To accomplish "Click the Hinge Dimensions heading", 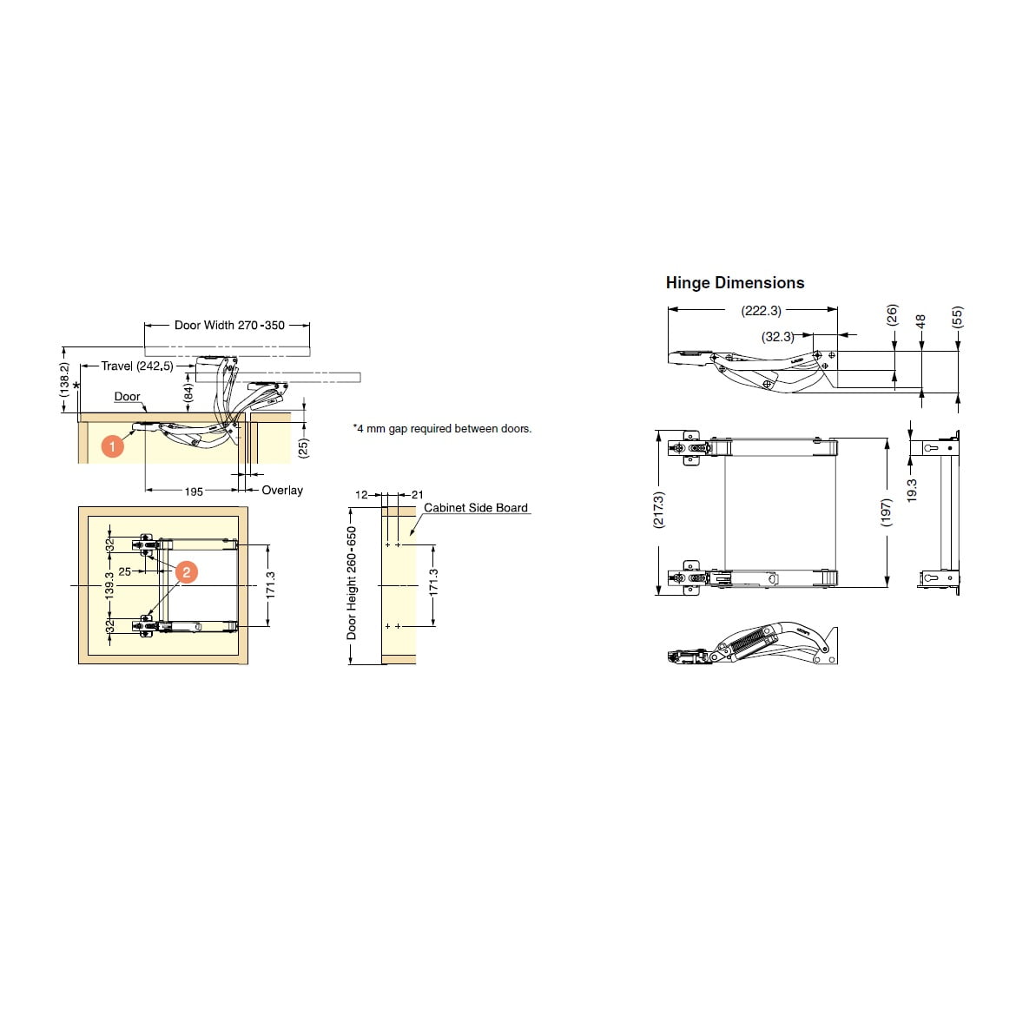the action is [x=735, y=283].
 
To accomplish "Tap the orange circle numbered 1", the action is [x=112, y=445].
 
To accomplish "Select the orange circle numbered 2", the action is [x=187, y=571].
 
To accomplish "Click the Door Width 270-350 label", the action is [x=229, y=326].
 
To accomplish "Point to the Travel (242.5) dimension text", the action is [x=137, y=366].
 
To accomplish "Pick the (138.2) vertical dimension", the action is [x=64, y=379].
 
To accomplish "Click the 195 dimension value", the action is [x=194, y=492].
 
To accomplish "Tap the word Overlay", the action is [x=282, y=491].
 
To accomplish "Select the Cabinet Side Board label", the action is [x=476, y=508].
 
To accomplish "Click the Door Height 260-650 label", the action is [x=352, y=583].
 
